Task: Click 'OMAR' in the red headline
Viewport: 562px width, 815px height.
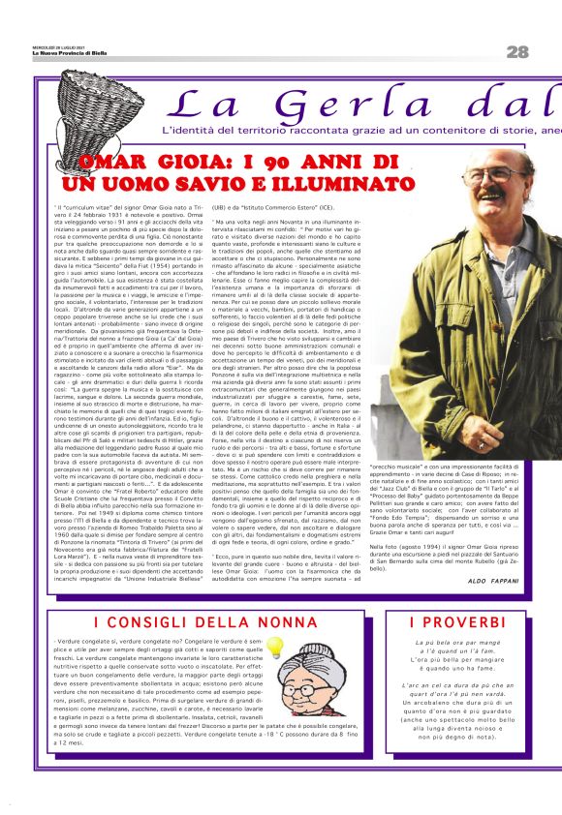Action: point(111,162)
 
